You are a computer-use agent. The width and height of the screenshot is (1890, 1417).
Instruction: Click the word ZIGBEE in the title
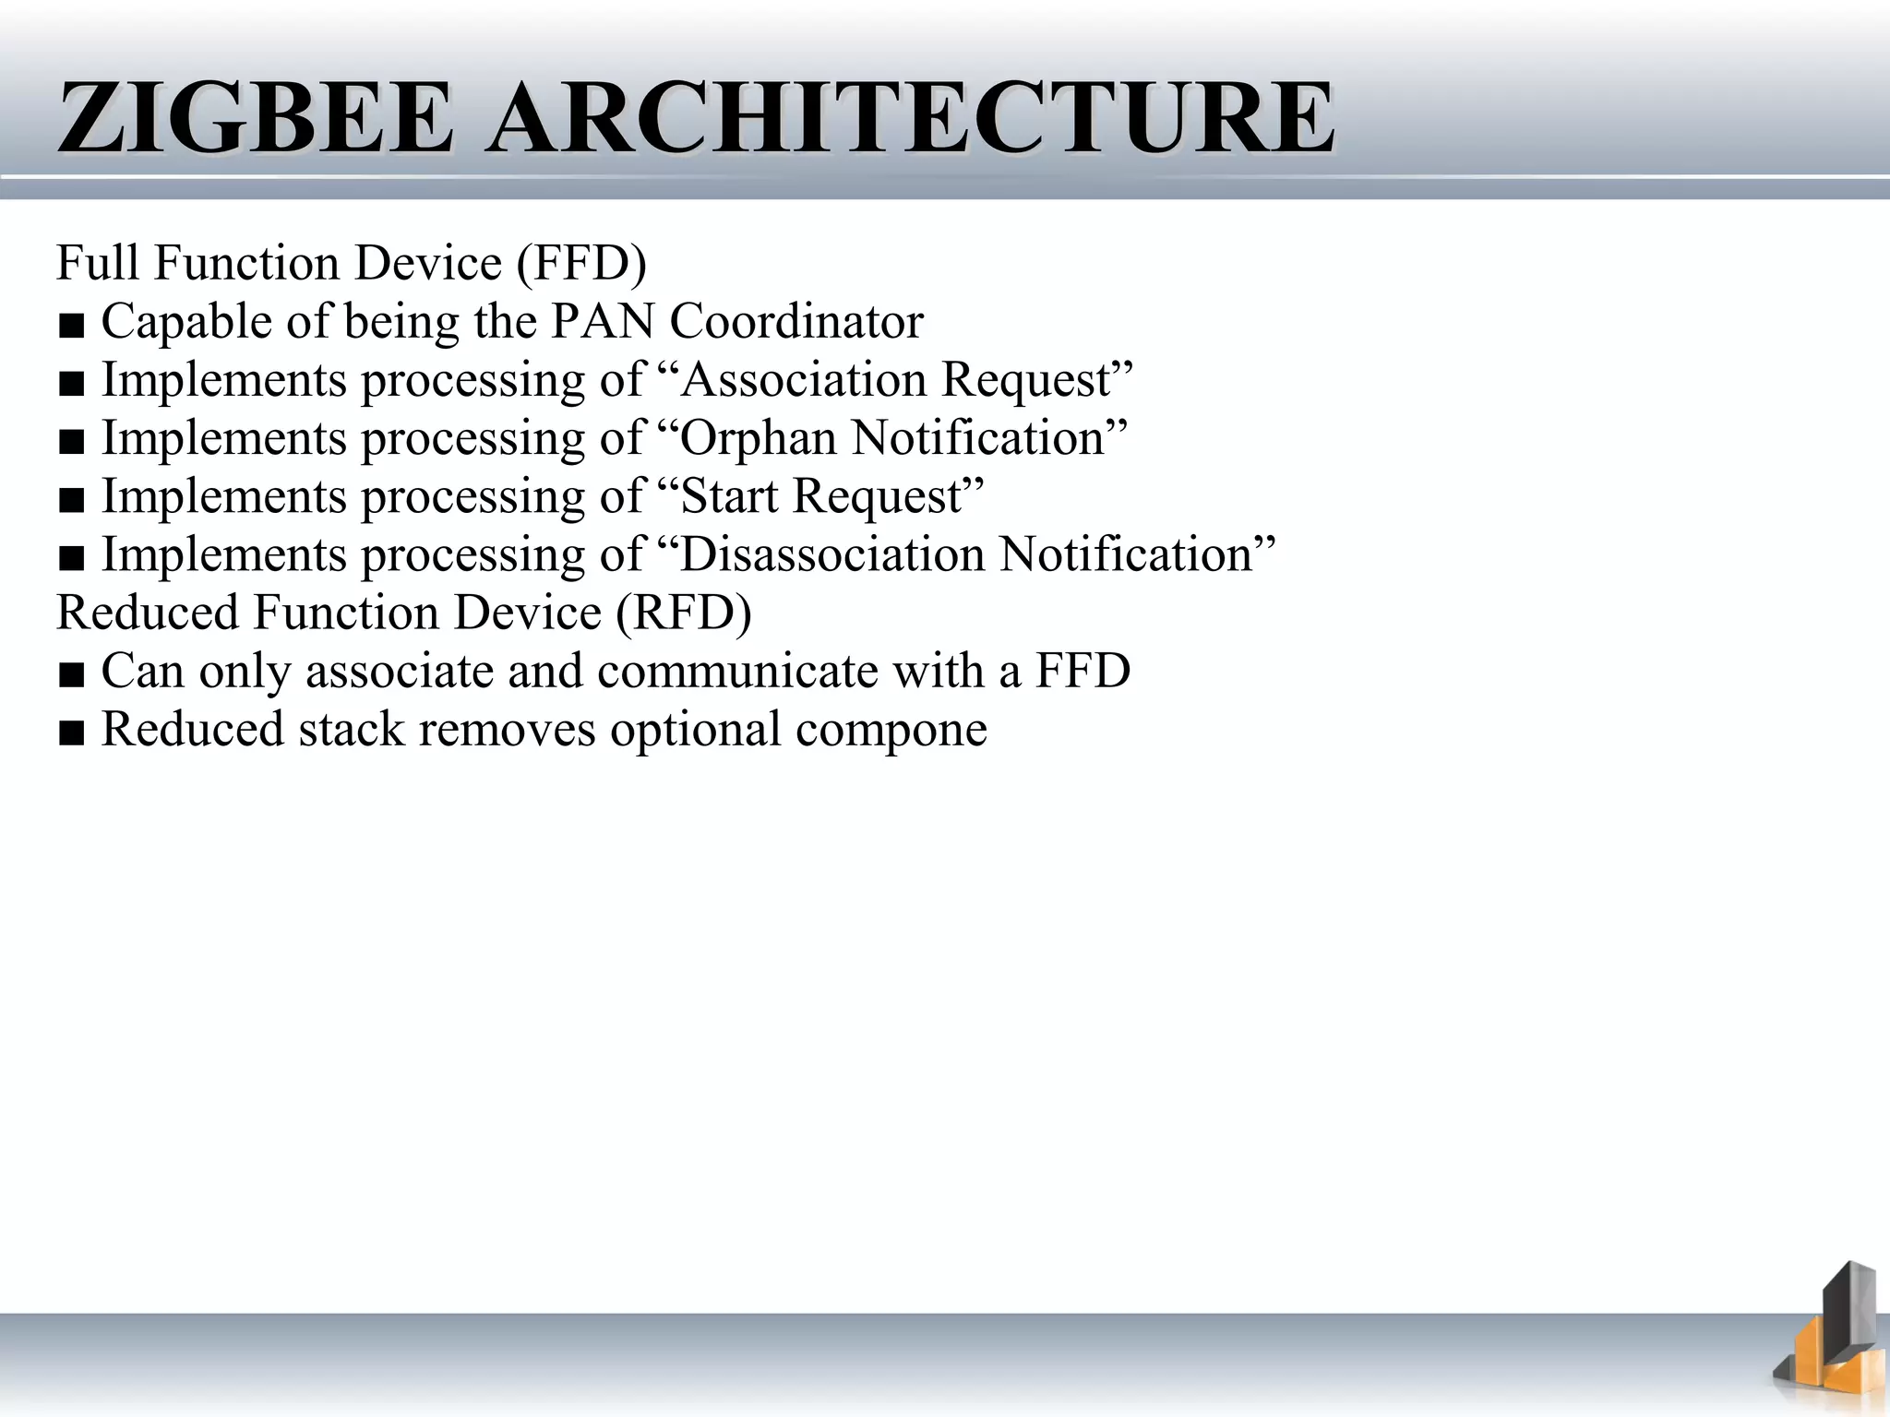[255, 118]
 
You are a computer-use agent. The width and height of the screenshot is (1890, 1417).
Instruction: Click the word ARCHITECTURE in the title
[912, 118]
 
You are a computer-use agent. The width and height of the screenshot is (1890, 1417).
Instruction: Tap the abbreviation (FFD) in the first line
[581, 263]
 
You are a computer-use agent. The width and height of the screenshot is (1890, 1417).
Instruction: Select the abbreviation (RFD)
[684, 613]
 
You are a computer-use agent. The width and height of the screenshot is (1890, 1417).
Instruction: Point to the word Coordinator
[796, 322]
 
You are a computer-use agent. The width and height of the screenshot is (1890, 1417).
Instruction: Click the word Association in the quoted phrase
[791, 380]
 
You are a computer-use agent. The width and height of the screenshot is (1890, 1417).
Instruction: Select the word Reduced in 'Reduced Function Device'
[148, 613]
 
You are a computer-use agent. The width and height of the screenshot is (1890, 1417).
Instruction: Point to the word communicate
[737, 671]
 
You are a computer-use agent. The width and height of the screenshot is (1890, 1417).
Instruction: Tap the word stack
[352, 729]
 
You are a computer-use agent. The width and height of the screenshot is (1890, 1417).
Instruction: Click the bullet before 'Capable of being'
[71, 326]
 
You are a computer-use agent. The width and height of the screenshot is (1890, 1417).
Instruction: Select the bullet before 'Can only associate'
[71, 674]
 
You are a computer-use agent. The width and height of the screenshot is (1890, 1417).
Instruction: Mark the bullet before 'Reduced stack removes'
[71, 732]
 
